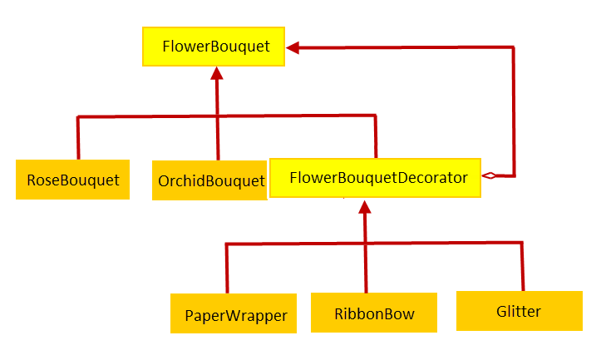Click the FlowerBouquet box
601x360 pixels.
pos(214,47)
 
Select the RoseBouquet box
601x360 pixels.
pos(72,180)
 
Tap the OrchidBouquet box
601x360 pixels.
pos(209,180)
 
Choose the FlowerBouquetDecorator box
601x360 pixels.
pos(375,178)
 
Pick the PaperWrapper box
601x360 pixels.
pos(234,313)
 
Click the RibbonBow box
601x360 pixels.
pos(374,313)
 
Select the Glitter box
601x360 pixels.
pos(520,311)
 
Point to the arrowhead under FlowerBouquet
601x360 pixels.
pos(217,73)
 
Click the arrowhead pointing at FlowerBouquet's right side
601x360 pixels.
pos(293,48)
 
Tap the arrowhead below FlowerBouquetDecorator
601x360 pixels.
pos(365,207)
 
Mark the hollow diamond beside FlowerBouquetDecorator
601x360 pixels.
pos(489,175)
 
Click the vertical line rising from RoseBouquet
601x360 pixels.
pos(78,138)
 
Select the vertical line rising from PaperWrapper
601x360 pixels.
pos(227,269)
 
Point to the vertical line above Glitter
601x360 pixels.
pos(522,266)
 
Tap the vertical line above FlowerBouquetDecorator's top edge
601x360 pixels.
pos(376,136)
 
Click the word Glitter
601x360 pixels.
pos(519,311)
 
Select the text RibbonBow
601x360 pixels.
pos(374,313)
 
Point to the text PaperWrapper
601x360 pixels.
pos(236,316)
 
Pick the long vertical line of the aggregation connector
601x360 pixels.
pos(514,111)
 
